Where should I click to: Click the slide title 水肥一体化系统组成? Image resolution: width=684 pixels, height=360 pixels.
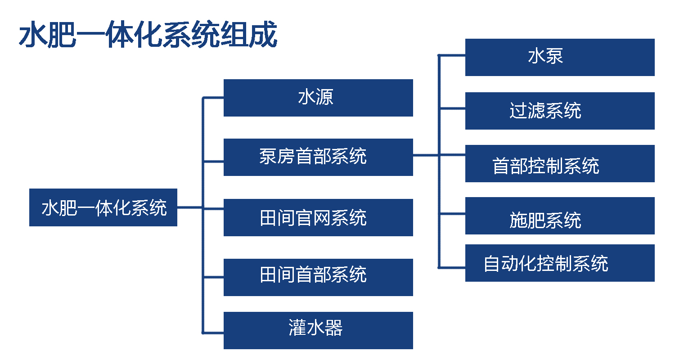pos(148,35)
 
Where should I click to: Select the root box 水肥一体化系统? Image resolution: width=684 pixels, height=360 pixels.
pos(103,207)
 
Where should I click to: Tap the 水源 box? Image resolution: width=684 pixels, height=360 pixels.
pos(318,98)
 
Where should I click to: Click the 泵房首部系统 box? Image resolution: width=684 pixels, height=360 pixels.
pos(318,157)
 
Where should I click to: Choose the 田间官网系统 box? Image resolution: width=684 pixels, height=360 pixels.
pos(318,217)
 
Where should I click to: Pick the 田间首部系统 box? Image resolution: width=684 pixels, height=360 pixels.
pos(318,277)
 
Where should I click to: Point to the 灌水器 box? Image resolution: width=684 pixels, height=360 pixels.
pos(318,330)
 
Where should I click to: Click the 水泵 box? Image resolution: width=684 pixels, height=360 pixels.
pos(559,57)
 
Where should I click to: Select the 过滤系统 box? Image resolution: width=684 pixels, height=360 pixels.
pos(559,111)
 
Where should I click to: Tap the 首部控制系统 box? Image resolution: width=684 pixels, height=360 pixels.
pos(559,163)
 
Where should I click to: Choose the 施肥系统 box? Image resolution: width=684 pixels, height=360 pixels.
pos(559,216)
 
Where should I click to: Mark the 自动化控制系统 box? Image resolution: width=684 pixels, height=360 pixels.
pos(559,263)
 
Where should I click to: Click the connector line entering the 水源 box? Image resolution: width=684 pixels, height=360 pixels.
pos(213,98)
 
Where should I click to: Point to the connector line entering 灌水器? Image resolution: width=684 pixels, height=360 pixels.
pos(213,333)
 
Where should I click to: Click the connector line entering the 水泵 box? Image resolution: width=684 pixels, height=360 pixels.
pos(452,55)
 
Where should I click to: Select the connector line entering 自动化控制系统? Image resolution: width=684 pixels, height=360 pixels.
pos(452,267)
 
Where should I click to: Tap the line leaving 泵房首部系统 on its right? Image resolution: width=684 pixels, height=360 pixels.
pos(426,155)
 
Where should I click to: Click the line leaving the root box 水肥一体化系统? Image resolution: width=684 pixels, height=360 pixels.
pos(190,207)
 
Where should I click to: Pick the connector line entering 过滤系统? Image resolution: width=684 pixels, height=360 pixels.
pos(452,108)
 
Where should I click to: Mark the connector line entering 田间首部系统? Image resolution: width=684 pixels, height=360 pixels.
pos(213,277)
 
